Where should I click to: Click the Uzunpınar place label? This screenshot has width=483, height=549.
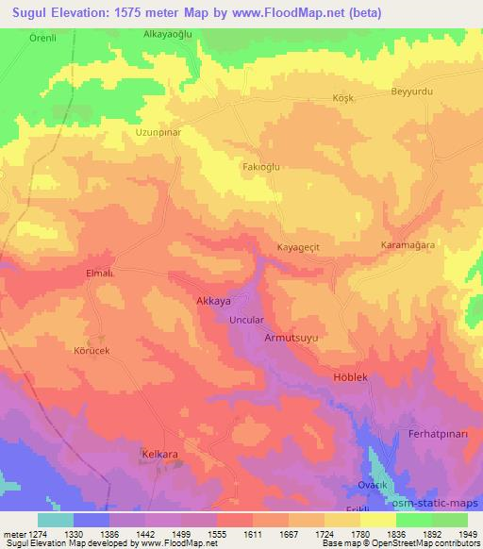click(158, 133)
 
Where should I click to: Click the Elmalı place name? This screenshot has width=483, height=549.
click(100, 273)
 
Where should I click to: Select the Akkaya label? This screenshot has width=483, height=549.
click(212, 302)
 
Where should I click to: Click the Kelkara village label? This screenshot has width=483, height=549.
click(160, 454)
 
